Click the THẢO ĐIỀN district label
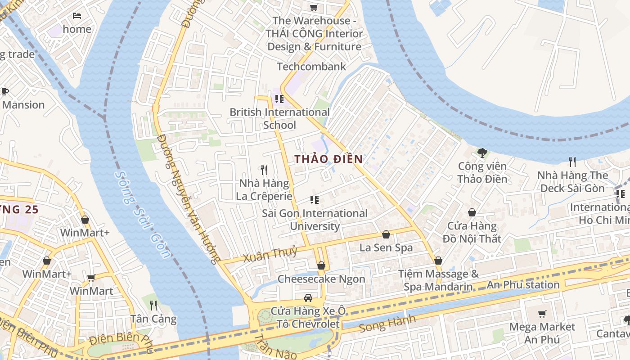click(328, 159)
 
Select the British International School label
click(279, 118)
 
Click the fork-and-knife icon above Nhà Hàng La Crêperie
click(264, 170)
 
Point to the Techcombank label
click(311, 67)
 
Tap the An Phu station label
click(523, 285)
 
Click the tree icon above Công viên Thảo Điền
click(482, 153)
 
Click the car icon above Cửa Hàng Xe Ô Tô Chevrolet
click(308, 297)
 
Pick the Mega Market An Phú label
click(542, 333)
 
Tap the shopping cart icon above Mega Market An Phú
click(542, 314)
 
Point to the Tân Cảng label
click(153, 319)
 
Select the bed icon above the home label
click(77, 16)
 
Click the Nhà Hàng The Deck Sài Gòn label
click(572, 182)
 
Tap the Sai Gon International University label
click(315, 220)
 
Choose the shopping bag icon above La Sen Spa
click(386, 234)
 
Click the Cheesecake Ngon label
click(321, 279)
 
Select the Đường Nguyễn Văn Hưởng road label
click(187, 198)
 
